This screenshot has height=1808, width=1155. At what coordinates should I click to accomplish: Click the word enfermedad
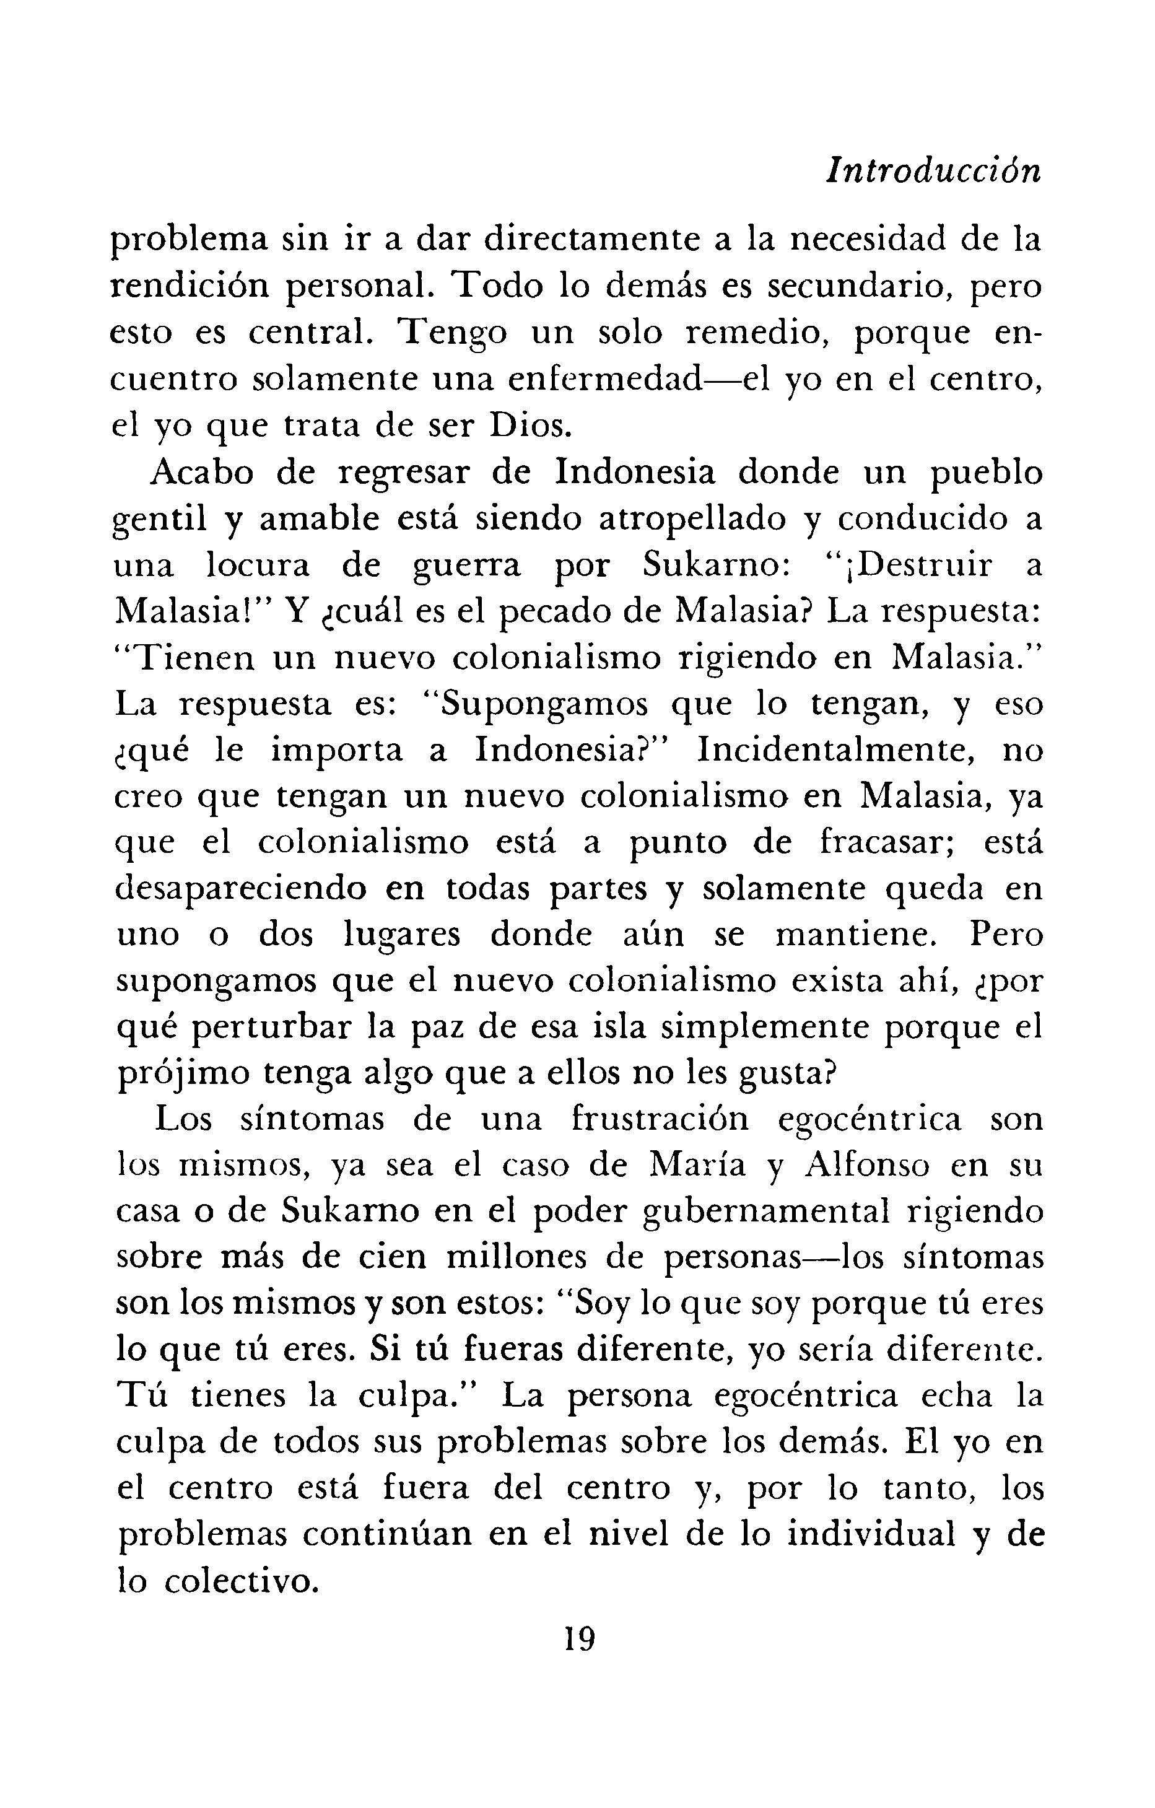[604, 379]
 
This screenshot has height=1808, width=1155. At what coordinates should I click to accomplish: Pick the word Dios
[525, 425]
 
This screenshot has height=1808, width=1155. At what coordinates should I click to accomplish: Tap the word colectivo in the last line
[238, 1583]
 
